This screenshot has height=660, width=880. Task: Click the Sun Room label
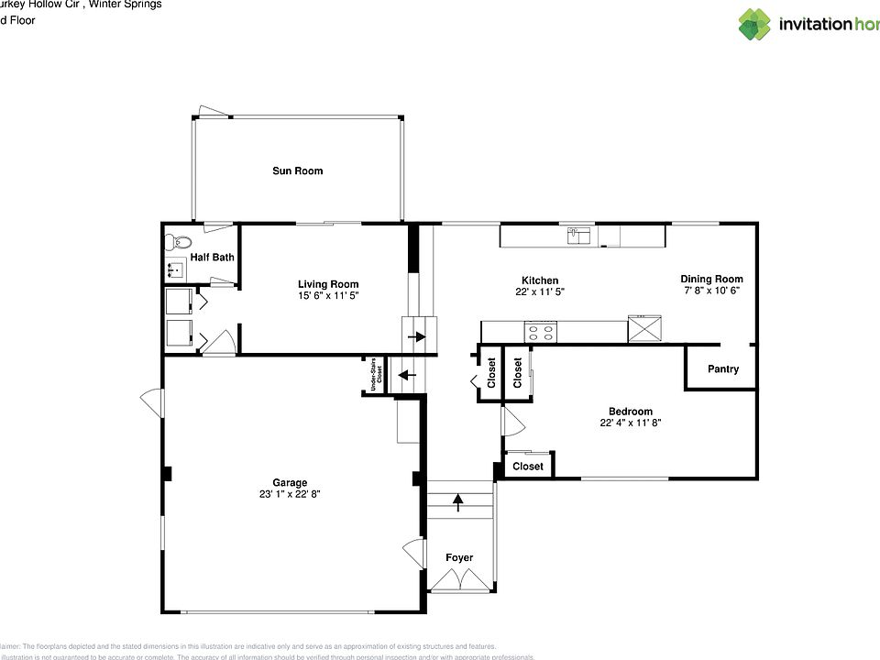pyautogui.click(x=297, y=170)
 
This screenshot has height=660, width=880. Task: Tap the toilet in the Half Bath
pyautogui.click(x=176, y=243)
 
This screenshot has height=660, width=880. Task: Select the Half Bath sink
pyautogui.click(x=175, y=269)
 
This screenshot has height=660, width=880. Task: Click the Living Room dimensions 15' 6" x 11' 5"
pyautogui.click(x=327, y=296)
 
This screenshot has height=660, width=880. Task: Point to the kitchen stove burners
pyautogui.click(x=540, y=331)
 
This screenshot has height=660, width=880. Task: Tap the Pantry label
pyautogui.click(x=722, y=369)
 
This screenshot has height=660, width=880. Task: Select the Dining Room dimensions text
pyautogui.click(x=711, y=290)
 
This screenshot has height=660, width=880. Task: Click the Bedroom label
pyautogui.click(x=631, y=412)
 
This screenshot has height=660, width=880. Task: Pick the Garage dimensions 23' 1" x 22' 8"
pyautogui.click(x=289, y=494)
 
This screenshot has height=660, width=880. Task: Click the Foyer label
pyautogui.click(x=458, y=557)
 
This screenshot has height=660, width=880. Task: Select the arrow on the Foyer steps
pyautogui.click(x=456, y=500)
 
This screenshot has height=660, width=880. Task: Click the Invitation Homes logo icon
pyautogui.click(x=754, y=24)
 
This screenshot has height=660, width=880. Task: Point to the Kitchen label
pyautogui.click(x=539, y=280)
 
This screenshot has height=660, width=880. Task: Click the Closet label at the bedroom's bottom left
pyautogui.click(x=527, y=467)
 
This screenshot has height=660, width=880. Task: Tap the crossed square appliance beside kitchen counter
pyautogui.click(x=644, y=328)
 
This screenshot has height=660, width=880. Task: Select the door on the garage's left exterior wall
pyautogui.click(x=149, y=401)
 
